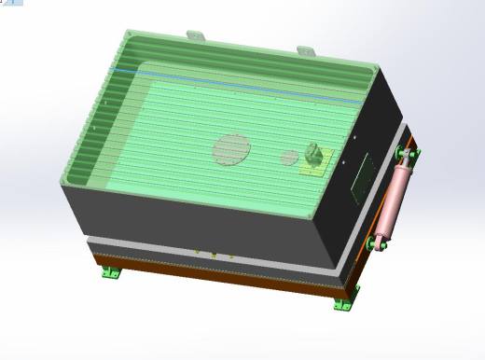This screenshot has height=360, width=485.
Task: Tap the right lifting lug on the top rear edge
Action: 306,48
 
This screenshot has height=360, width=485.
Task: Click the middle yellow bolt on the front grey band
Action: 214,255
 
